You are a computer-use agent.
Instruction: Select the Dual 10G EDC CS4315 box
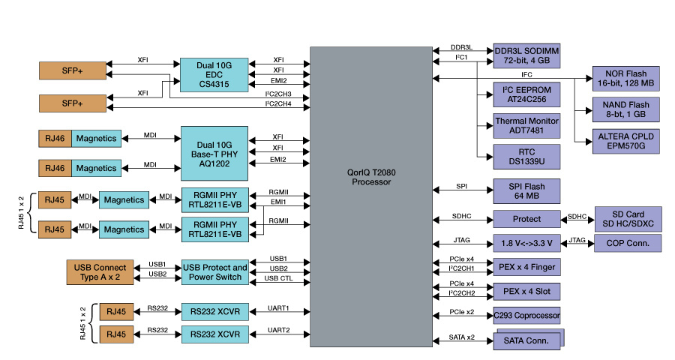pos(214,75)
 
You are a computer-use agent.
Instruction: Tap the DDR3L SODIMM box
pos(526,55)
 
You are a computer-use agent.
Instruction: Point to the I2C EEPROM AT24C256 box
pos(526,94)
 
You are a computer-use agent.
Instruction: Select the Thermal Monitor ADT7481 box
pos(526,125)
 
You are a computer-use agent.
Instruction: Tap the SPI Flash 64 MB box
pos(526,191)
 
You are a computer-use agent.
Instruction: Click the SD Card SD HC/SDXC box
pos(628,219)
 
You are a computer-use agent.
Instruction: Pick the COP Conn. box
pos(628,243)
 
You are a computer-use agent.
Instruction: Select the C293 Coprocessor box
pos(526,316)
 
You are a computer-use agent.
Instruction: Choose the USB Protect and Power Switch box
pos(214,272)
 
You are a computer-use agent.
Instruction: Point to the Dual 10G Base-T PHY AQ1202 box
pos(214,148)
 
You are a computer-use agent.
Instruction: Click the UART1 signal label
pos(278,308)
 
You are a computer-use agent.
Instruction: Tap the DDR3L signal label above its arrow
pos(461,46)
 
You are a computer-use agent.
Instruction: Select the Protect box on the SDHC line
pos(526,219)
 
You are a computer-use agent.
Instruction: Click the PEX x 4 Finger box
pos(526,266)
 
